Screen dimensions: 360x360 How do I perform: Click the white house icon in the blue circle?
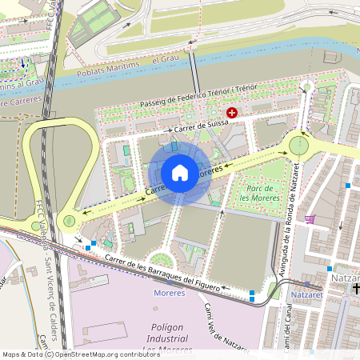click(x=180, y=173)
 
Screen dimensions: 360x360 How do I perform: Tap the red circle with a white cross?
click(x=232, y=114)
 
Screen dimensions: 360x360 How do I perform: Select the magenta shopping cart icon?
click(x=310, y=218)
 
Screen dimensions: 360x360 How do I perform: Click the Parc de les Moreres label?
click(x=258, y=190)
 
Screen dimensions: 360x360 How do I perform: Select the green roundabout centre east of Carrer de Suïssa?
click(x=298, y=145)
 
